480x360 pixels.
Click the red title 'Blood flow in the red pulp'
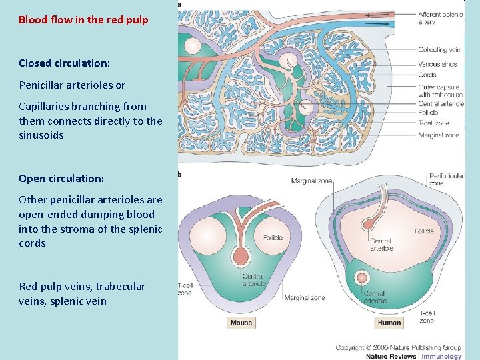click(83, 20)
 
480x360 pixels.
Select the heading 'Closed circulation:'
click(64, 63)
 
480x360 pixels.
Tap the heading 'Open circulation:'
click(61, 179)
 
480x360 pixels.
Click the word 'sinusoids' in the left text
click(41, 135)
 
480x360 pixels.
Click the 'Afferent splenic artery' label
click(439, 18)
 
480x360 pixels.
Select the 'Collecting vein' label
click(439, 50)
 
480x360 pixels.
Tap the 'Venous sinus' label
click(437, 65)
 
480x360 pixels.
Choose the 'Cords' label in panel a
click(427, 75)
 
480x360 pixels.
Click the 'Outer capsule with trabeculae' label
click(440, 90)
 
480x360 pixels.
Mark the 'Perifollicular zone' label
click(446, 179)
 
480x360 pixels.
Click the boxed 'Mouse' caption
click(241, 323)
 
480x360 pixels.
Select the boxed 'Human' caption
click(389, 323)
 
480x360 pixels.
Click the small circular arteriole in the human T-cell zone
click(363, 277)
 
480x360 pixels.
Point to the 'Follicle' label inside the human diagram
click(423, 231)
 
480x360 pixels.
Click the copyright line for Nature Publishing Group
click(398, 347)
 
